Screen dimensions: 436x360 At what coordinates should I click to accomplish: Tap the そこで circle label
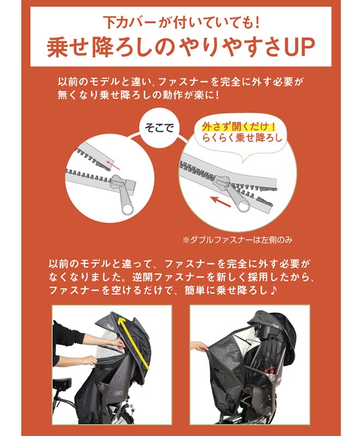tap(158, 129)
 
